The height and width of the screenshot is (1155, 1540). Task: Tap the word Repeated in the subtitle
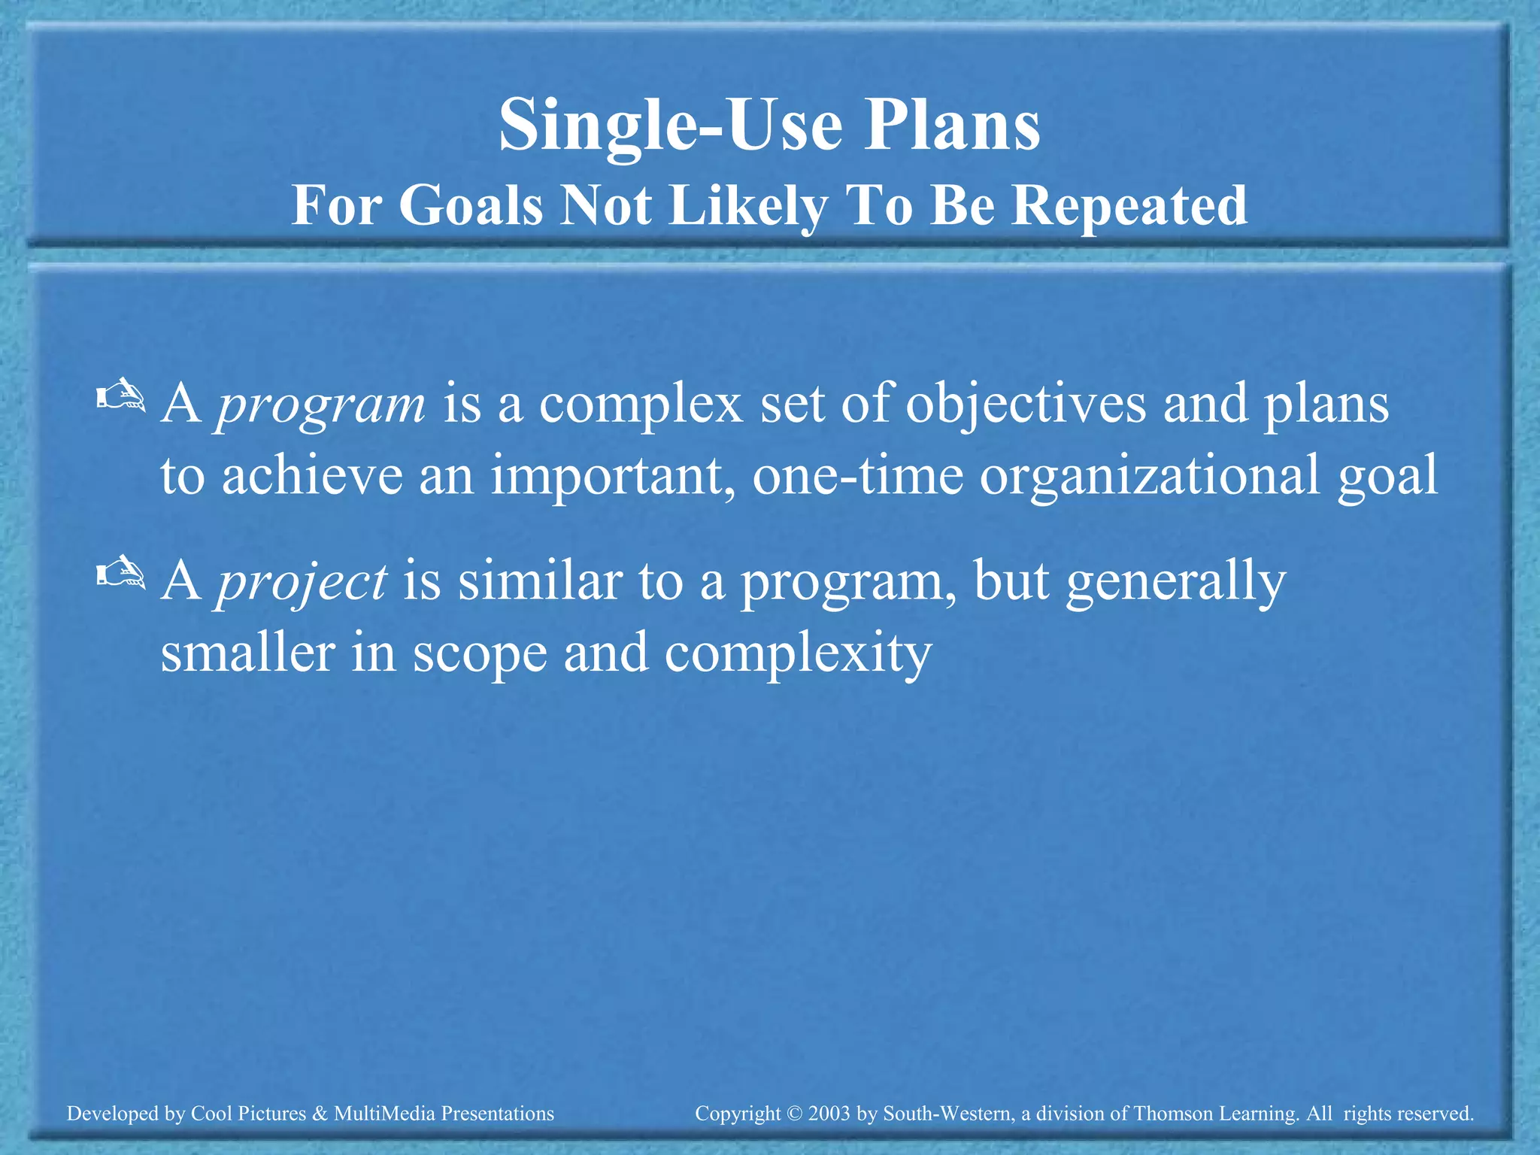1129,205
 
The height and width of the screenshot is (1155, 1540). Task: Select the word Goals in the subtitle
471,205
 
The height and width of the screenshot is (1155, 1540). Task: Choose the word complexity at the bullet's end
798,653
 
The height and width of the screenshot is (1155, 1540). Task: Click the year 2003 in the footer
830,1114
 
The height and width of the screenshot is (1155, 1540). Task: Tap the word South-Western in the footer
947,1114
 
